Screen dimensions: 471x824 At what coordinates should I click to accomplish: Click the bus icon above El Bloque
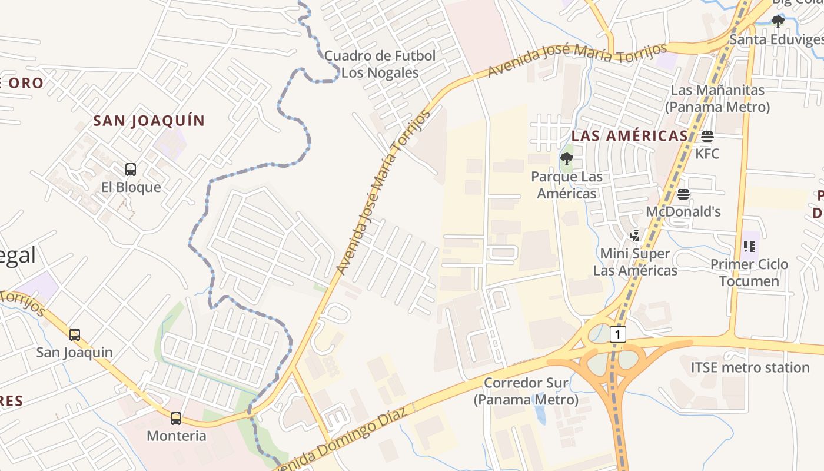pos(131,170)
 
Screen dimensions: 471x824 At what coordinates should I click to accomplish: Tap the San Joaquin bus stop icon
pos(75,335)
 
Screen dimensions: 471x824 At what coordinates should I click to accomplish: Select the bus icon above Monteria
pos(176,419)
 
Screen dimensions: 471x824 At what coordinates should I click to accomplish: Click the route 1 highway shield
pos(617,334)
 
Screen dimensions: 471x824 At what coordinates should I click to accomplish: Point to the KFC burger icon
pos(707,137)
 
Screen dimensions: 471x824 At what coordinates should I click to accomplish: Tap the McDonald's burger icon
pos(683,194)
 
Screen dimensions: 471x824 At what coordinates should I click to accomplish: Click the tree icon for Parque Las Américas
pos(566,158)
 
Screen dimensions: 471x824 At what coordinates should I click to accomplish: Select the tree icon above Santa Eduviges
pos(778,22)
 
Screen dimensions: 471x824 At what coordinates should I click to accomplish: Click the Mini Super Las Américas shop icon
pos(634,236)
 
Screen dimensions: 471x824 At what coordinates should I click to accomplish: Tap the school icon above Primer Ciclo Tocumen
pos(749,246)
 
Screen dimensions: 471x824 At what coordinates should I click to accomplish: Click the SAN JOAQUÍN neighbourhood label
pos(149,121)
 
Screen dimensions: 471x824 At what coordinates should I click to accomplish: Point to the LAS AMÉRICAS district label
pos(629,136)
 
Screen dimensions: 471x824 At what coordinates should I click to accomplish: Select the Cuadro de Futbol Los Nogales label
pos(380,64)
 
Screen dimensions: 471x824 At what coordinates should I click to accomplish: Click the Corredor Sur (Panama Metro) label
pos(526,392)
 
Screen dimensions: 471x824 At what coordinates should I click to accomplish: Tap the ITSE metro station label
pos(750,367)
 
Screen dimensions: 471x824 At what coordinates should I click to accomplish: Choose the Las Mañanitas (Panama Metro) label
pos(717,98)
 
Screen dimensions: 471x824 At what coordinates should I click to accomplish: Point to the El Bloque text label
pos(131,187)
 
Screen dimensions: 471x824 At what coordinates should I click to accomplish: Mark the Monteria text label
pos(176,436)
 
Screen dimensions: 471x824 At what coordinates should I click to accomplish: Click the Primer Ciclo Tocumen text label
pos(749,273)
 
